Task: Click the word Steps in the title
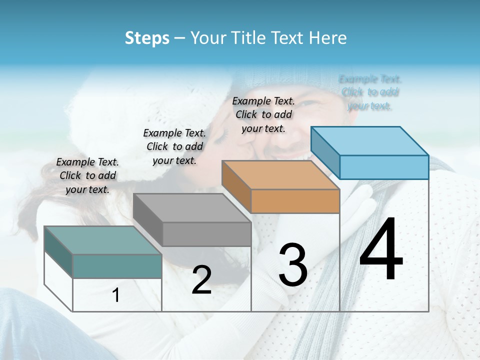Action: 147,38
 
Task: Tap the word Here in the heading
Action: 328,38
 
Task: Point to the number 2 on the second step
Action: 201,280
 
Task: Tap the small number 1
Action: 116,295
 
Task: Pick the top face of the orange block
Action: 280,175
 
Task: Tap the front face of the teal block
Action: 117,266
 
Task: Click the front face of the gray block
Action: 206,234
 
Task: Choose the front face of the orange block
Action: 295,201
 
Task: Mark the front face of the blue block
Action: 384,167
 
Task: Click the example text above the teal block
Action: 87,175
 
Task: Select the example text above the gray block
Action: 174,146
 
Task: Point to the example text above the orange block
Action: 263,114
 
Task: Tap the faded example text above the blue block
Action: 370,92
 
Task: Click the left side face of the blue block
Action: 325,153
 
